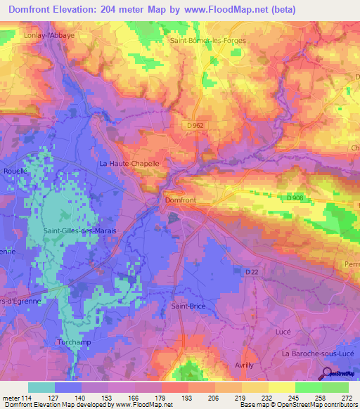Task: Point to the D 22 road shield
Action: (x=253, y=271)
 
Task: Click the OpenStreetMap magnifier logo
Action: (x=328, y=373)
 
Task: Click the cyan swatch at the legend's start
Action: (x=41, y=387)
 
